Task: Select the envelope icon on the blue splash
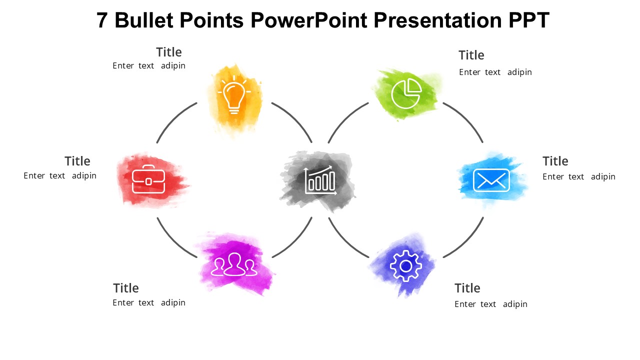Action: tap(491, 180)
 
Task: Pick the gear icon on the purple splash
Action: tap(405, 266)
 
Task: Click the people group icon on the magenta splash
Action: tap(234, 265)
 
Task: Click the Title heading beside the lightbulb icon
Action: tap(168, 52)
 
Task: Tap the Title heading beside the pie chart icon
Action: tap(471, 55)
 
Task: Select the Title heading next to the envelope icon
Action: tap(555, 161)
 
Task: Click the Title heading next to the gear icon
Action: tap(467, 288)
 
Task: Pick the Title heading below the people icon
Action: tap(125, 288)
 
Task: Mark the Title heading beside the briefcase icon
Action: tap(77, 161)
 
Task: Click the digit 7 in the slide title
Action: tap(102, 20)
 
